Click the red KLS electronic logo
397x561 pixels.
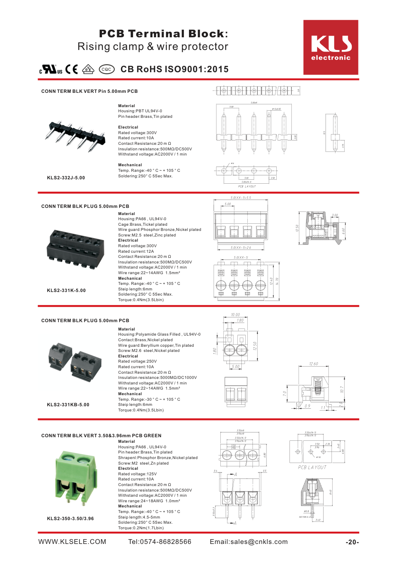[x=331, y=47]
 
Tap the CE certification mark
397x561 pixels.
[x=72, y=69]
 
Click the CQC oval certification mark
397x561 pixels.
[x=106, y=69]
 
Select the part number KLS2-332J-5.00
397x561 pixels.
[x=66, y=178]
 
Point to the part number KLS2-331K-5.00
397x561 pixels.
[x=66, y=290]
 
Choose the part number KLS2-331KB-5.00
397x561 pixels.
[x=68, y=405]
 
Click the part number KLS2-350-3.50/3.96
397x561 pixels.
[x=70, y=519]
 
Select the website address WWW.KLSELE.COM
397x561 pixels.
[x=72, y=542]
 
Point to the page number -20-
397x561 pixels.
[x=352, y=542]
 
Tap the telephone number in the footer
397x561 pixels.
[x=160, y=542]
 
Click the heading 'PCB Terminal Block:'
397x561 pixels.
[x=163, y=34]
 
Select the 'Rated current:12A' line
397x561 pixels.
[x=136, y=251]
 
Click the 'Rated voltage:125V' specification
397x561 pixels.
[x=137, y=474]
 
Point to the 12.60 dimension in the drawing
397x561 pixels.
[x=313, y=364]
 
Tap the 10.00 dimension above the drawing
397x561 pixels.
[x=235, y=315]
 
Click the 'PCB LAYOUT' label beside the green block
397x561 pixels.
[x=312, y=467]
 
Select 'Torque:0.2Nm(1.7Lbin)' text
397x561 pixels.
[x=141, y=528]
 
